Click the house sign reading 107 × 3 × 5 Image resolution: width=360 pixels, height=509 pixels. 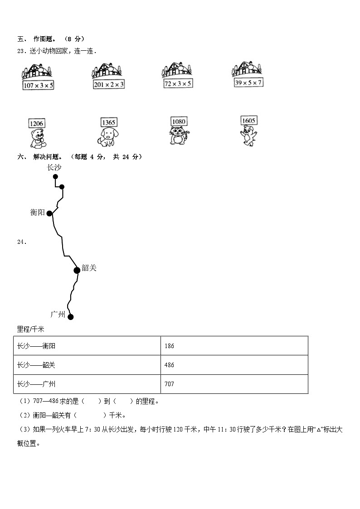point(38,85)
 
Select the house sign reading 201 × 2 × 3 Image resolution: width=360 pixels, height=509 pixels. point(109,84)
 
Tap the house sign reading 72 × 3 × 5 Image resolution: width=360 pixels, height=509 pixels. point(178,83)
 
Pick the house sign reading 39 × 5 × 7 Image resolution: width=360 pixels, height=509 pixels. point(248,82)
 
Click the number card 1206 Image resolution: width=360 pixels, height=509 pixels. point(36,123)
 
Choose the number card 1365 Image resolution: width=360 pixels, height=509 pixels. point(109,122)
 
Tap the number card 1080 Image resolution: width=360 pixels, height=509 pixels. point(179,121)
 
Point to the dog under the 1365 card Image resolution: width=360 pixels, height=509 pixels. point(107,137)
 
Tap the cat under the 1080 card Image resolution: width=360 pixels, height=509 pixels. point(179,136)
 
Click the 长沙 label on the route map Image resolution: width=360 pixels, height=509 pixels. point(54,167)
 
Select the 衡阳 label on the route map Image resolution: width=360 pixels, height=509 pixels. point(38,212)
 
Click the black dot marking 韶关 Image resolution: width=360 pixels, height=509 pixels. point(77,270)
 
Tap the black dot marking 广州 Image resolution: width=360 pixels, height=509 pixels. point(70,317)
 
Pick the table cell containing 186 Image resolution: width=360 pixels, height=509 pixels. point(234,346)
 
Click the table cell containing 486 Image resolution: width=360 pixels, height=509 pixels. point(234,365)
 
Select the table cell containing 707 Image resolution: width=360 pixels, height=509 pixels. point(234,384)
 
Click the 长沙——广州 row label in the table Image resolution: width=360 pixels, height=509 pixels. point(36,384)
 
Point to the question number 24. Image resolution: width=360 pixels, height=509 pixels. point(21,242)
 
